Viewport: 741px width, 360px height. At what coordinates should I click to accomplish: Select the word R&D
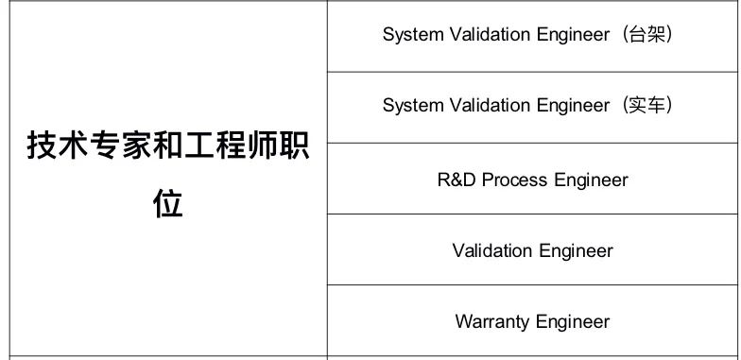[x=457, y=180]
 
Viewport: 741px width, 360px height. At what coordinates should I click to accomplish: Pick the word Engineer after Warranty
[x=573, y=322]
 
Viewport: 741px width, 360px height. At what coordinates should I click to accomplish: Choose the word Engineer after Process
[x=592, y=180]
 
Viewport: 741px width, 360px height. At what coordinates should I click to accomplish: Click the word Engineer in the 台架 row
[x=573, y=35]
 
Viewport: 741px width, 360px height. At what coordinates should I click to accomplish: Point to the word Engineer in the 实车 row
[x=573, y=106]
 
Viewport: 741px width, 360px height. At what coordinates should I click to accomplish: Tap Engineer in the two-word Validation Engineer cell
[x=575, y=251]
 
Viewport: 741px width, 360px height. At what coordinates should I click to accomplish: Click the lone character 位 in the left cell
[x=168, y=204]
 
